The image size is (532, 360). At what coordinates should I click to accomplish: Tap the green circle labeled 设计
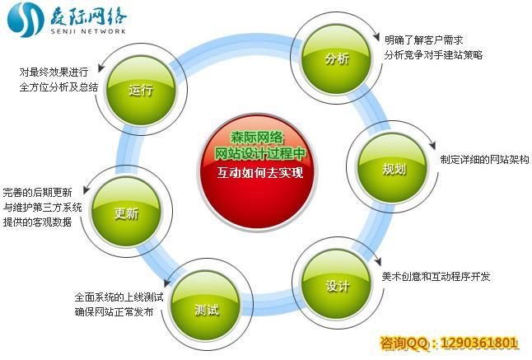pos(337,285)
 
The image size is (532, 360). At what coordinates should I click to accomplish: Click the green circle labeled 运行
pos(141,90)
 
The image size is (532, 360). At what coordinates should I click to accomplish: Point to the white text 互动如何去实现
pos(259,174)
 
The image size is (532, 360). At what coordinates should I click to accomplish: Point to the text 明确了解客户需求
pos(424,40)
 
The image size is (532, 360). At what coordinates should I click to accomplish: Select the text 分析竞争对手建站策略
pos(432,55)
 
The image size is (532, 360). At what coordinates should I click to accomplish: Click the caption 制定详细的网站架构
pos(483,159)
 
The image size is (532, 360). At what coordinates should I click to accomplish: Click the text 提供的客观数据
pos(37,223)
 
